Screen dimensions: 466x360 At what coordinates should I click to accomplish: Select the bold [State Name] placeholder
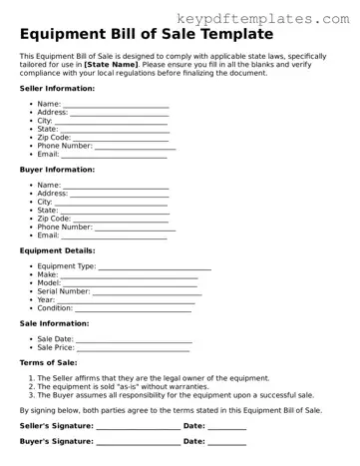pos(111,64)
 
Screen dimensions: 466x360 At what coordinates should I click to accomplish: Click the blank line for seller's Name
pos(116,104)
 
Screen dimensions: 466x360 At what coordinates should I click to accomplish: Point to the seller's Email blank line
pos(114,156)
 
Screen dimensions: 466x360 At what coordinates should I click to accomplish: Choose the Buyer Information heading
pos(57,170)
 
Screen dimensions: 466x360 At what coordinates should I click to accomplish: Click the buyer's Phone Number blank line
pos(135,228)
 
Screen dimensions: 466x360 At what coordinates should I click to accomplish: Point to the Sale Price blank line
pos(133,349)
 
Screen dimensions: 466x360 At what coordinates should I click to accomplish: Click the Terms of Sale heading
pos(49,363)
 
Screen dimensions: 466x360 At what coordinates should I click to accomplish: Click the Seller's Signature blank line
pos(138,427)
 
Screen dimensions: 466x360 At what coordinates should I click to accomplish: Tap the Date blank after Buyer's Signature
pos(227,441)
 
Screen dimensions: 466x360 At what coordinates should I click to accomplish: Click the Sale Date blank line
pos(133,340)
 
